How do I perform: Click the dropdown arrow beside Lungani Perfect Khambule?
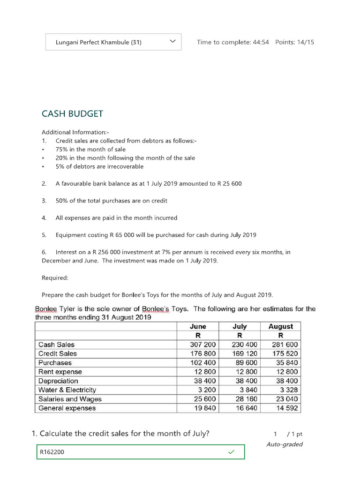point(172,42)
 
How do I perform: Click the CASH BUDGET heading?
point(72,114)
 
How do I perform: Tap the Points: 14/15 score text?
point(295,42)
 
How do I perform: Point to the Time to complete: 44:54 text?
point(233,42)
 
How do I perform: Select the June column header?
point(197,326)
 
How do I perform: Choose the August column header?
point(280,326)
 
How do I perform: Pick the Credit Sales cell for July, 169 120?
point(244,353)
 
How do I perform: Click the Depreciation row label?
point(58,381)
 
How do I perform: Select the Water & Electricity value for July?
point(248,390)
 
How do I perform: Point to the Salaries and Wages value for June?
point(206,399)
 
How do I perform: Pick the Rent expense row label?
point(60,372)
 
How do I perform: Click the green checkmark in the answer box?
point(231,452)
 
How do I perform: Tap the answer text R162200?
point(52,452)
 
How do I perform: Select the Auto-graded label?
point(285,444)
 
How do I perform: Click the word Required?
point(55,277)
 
